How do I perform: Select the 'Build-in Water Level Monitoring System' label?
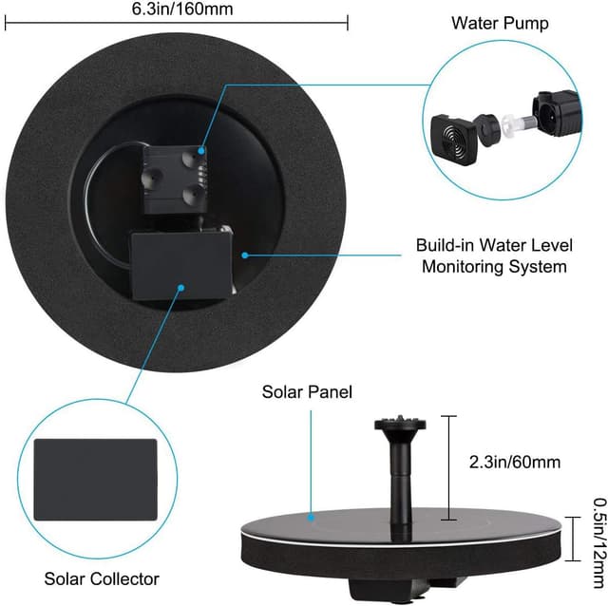[x=491, y=255]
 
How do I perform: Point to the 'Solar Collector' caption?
[x=102, y=578]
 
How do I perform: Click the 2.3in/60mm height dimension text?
[x=514, y=463]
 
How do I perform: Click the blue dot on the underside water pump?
[x=202, y=149]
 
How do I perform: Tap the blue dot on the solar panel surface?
[x=312, y=518]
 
